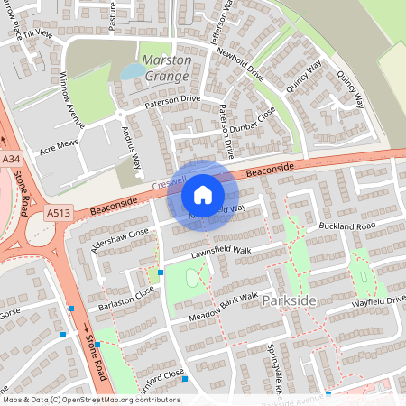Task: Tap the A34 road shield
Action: (11, 160)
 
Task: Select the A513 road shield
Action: (58, 213)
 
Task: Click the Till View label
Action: (40, 34)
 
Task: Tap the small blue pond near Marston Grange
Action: (133, 70)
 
